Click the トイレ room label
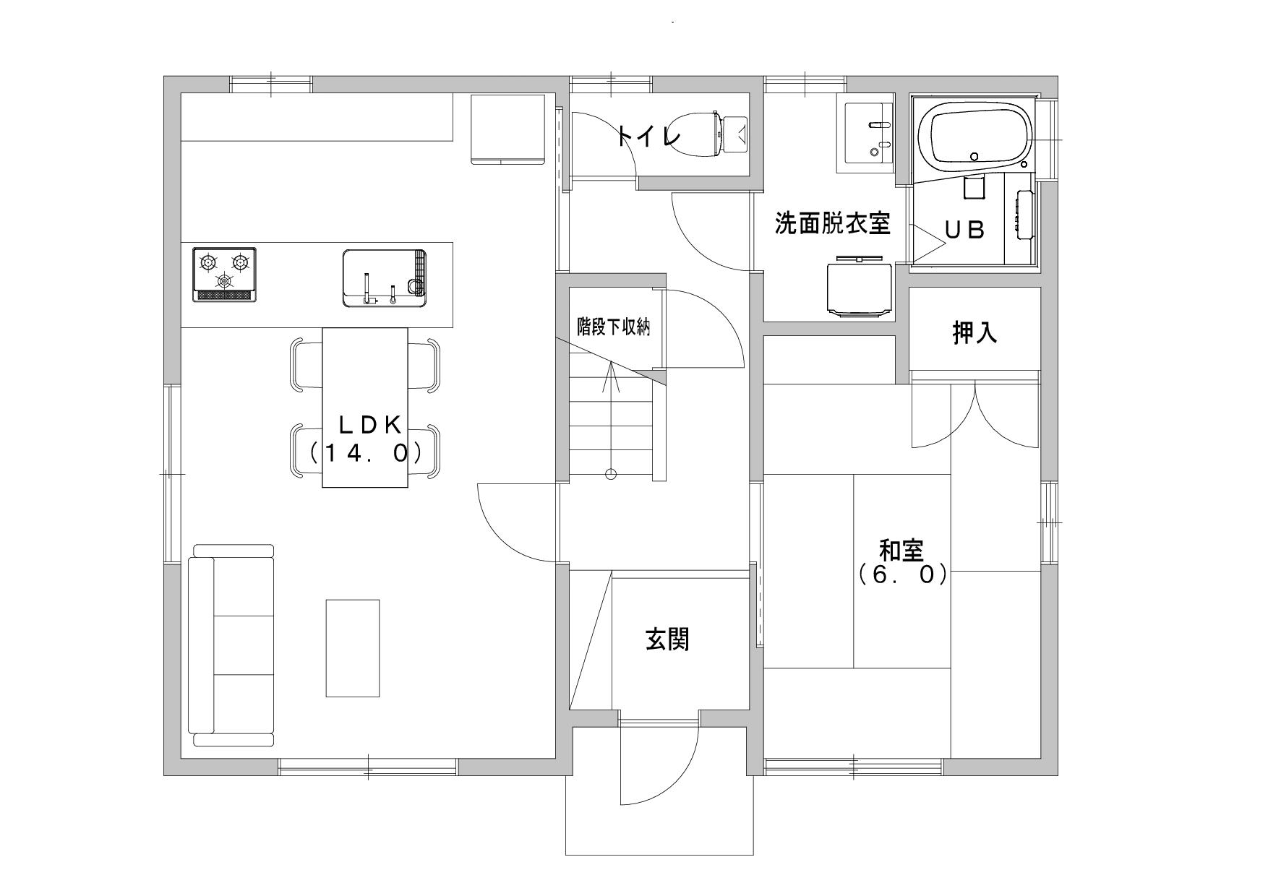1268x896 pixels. click(x=649, y=136)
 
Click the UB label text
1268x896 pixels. click(x=965, y=230)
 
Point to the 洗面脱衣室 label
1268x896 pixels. click(x=832, y=223)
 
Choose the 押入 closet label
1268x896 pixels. click(x=974, y=333)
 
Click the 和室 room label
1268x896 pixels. click(x=901, y=551)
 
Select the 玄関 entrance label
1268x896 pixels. click(x=667, y=639)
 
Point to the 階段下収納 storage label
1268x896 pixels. click(x=614, y=327)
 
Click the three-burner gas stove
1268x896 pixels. click(x=225, y=275)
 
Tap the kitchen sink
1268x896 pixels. click(x=384, y=277)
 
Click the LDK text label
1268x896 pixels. click(x=370, y=426)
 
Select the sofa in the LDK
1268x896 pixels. click(x=231, y=651)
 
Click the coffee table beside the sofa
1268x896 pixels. click(x=353, y=648)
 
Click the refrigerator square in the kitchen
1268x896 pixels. click(x=507, y=129)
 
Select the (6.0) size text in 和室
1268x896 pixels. click(x=901, y=575)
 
